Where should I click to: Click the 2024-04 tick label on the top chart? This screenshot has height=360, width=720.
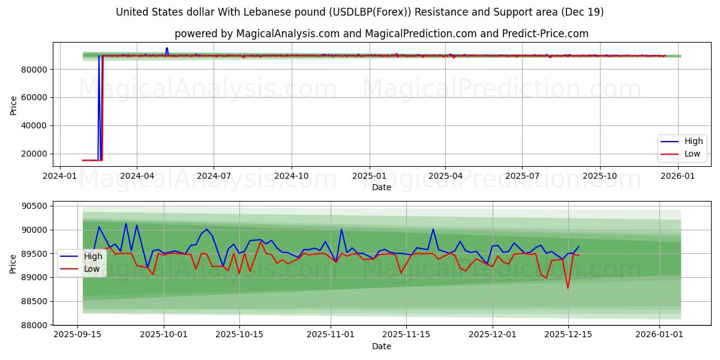pyautogui.click(x=136, y=176)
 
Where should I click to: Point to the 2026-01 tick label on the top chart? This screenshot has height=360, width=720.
pyautogui.click(x=678, y=176)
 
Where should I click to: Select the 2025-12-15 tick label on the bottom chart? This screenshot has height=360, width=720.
pyautogui.click(x=568, y=335)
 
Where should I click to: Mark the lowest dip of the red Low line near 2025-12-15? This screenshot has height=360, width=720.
pyautogui.click(x=568, y=288)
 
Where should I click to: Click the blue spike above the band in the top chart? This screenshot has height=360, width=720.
pyautogui.click(x=167, y=48)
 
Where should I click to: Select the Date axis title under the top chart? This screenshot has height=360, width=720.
pyautogui.click(x=382, y=187)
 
